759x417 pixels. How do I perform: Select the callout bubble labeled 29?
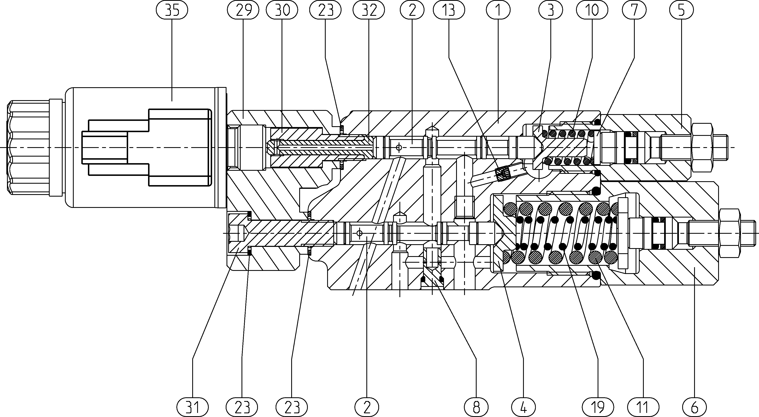point(243,10)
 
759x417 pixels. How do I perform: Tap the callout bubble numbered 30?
point(282,10)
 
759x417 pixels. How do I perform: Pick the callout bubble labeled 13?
point(449,10)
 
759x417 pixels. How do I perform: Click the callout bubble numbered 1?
point(498,10)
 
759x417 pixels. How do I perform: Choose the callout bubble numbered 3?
point(550,10)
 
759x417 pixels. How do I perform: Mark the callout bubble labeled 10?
point(592,10)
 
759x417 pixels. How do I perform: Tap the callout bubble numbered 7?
point(634,10)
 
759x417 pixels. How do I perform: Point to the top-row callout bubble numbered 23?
point(325,10)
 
